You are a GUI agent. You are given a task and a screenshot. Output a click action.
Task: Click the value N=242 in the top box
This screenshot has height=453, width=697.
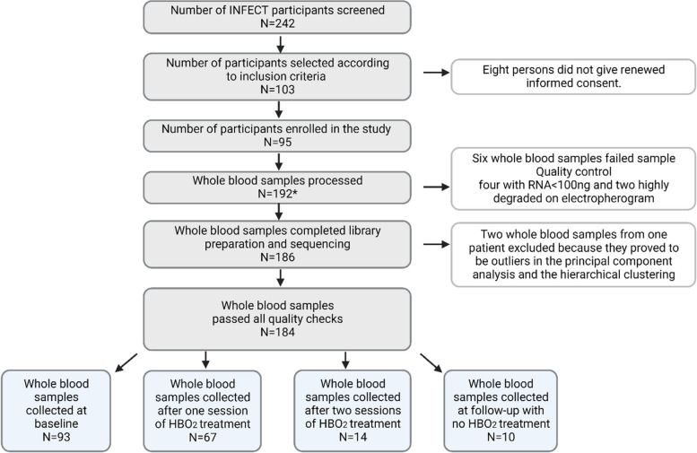[277, 23]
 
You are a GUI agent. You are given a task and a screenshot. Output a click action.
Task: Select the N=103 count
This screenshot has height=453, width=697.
[277, 90]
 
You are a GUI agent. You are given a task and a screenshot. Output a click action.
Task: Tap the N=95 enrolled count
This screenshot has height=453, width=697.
[277, 143]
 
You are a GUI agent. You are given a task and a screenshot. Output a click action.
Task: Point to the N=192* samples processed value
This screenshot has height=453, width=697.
[277, 194]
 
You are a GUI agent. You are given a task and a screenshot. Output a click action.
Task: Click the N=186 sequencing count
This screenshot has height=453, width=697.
[277, 257]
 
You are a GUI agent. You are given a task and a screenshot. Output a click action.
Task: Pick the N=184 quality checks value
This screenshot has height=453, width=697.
[277, 332]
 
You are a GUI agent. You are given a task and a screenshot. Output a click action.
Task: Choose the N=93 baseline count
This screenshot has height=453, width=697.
[57, 437]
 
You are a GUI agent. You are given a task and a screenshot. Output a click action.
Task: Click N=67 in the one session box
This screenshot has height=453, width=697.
[203, 437]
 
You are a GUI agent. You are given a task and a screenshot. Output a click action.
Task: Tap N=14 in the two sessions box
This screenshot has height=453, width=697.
[353, 437]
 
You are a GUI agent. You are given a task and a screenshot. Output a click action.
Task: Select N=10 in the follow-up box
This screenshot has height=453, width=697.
[501, 437]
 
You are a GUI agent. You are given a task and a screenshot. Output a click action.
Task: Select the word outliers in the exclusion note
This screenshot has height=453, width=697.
[516, 261]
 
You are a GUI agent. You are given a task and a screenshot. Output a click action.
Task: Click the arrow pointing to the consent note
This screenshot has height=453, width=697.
[437, 72]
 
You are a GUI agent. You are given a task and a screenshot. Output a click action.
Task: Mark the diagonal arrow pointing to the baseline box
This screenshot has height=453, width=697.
[126, 362]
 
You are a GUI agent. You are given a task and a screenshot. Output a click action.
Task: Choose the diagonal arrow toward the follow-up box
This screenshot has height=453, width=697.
[431, 362]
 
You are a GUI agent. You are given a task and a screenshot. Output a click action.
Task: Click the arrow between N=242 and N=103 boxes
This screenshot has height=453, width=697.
[280, 44]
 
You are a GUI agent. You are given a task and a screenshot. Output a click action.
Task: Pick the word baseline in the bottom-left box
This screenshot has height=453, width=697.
[57, 423]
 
